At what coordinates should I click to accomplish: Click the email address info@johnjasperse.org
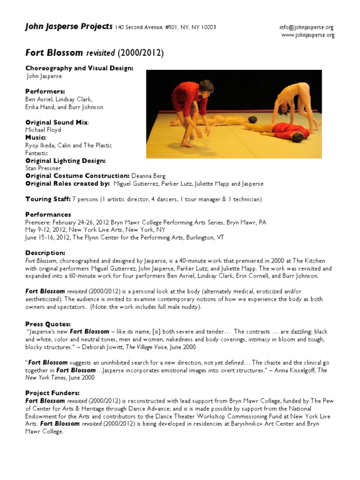pyautogui.click(x=307, y=27)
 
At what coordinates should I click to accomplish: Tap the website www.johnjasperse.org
pyautogui.click(x=307, y=35)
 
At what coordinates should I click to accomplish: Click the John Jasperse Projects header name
pyautogui.click(x=69, y=26)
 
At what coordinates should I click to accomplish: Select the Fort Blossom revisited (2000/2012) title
pyautogui.click(x=94, y=53)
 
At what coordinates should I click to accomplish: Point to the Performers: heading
pyautogui.click(x=45, y=91)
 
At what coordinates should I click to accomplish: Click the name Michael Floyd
pyautogui.click(x=43, y=130)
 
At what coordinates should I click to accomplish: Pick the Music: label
pyautogui.click(x=36, y=138)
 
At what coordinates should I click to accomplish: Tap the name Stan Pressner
pyautogui.click(x=43, y=168)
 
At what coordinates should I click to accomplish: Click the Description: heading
pyautogui.click(x=45, y=253)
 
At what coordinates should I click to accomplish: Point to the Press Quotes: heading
pyautogui.click(x=48, y=324)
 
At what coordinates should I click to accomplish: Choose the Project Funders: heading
pyautogui.click(x=52, y=393)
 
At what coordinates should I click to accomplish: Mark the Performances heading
pyautogui.click(x=47, y=215)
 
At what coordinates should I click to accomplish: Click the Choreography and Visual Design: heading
pyautogui.click(x=79, y=68)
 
